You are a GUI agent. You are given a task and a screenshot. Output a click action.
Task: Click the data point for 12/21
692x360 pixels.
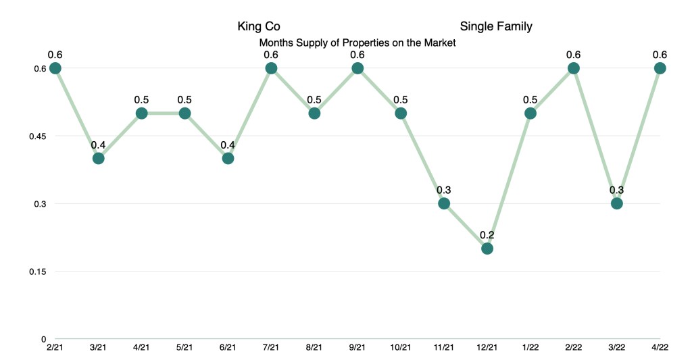487,249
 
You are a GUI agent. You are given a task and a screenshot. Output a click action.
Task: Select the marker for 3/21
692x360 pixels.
98,159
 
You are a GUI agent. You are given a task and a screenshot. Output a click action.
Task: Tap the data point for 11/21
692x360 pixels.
444,203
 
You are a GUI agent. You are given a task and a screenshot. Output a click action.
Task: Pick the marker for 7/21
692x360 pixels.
271,68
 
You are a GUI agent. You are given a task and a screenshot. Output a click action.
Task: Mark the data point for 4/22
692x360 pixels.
660,68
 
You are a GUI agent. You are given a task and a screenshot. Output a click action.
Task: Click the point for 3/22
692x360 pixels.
616,203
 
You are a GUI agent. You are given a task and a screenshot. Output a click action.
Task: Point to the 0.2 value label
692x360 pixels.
487,235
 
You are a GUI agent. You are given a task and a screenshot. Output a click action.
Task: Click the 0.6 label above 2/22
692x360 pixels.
574,55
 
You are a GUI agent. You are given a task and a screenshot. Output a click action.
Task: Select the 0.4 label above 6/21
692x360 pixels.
228,145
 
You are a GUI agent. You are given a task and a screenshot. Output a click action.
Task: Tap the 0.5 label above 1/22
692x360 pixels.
530,100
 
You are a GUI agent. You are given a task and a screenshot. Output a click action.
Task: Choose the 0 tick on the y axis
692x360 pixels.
43,339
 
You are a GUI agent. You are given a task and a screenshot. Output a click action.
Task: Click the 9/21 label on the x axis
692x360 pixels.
357,347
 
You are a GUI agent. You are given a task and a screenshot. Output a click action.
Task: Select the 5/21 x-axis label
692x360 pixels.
184,347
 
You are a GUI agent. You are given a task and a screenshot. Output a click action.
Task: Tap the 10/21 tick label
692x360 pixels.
401,347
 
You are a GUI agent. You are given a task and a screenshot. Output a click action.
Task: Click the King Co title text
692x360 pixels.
258,27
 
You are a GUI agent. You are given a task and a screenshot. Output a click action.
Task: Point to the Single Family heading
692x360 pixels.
496,27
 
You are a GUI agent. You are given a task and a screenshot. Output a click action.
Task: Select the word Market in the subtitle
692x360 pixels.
439,43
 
